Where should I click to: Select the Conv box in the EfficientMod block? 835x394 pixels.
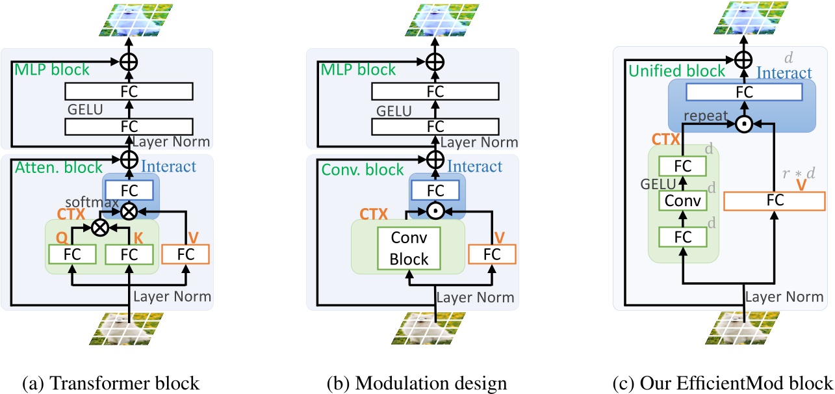point(682,200)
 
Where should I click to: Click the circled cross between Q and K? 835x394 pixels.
point(101,227)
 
